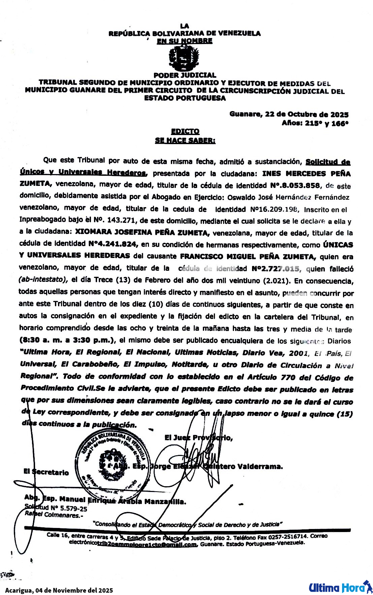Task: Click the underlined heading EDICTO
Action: click(x=185, y=131)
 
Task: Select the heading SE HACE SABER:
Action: click(x=185, y=140)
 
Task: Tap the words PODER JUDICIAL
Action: click(x=185, y=75)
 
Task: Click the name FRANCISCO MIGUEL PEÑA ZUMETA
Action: click(x=248, y=257)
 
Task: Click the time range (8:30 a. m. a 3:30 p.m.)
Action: click(x=66, y=340)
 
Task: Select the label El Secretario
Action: click(x=46, y=472)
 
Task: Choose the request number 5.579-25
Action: click(x=73, y=508)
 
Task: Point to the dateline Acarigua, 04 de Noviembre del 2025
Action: click(x=59, y=590)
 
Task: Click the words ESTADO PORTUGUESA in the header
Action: click(x=185, y=98)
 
